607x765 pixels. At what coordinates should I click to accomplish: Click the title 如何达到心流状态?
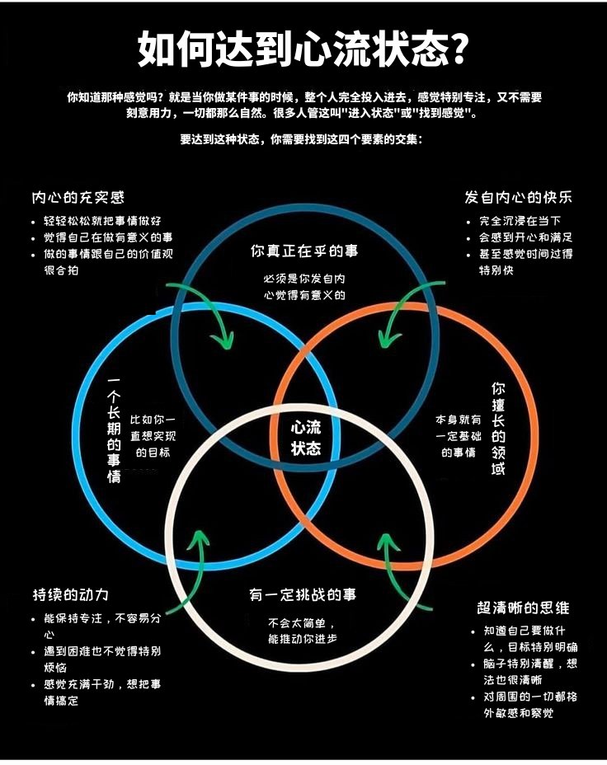tap(303, 49)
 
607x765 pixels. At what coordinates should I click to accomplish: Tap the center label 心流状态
tap(306, 438)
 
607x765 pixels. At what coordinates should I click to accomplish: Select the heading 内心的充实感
tap(78, 198)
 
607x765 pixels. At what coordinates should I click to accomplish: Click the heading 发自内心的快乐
tap(519, 198)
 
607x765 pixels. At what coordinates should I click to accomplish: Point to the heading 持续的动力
tap(71, 594)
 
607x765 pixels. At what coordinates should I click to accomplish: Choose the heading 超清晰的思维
tap(523, 608)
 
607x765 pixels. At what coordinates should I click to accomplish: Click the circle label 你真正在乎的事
tap(304, 251)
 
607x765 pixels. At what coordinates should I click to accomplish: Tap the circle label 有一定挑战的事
tap(303, 594)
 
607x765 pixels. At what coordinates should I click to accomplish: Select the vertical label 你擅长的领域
tap(498, 429)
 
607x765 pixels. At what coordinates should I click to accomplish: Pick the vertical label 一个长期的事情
tap(114, 430)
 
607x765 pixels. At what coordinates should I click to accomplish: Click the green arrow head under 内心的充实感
tap(223, 340)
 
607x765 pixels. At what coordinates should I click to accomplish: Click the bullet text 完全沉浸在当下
tap(520, 221)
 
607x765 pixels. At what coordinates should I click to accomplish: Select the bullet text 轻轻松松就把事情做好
tap(102, 221)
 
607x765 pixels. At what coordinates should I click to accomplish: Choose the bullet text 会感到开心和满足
tap(526, 237)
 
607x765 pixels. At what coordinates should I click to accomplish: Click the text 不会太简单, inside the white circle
tap(302, 623)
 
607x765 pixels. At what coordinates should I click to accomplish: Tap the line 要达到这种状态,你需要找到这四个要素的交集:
tap(302, 139)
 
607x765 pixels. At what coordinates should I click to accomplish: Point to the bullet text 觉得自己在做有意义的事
tap(108, 237)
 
